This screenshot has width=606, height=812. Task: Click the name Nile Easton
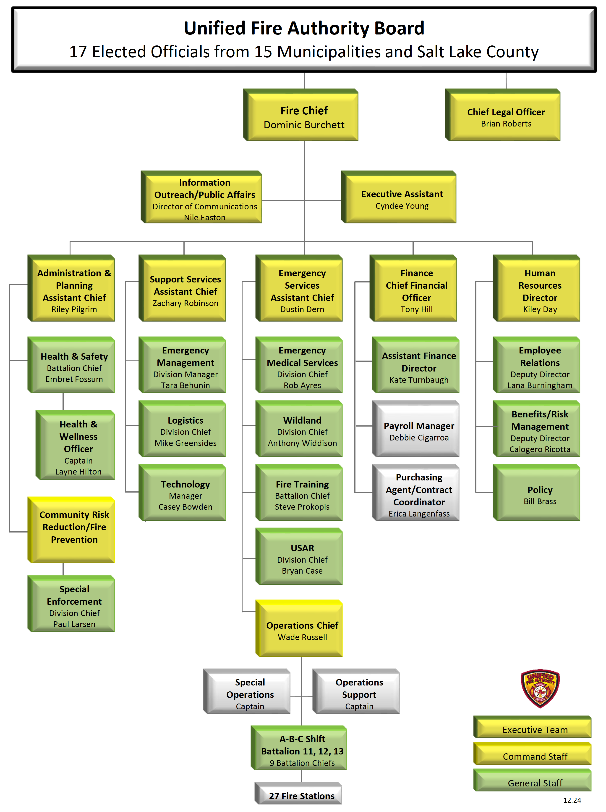tap(205, 218)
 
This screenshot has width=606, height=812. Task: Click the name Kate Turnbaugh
tap(418, 380)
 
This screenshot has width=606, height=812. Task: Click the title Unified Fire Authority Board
tap(304, 28)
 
